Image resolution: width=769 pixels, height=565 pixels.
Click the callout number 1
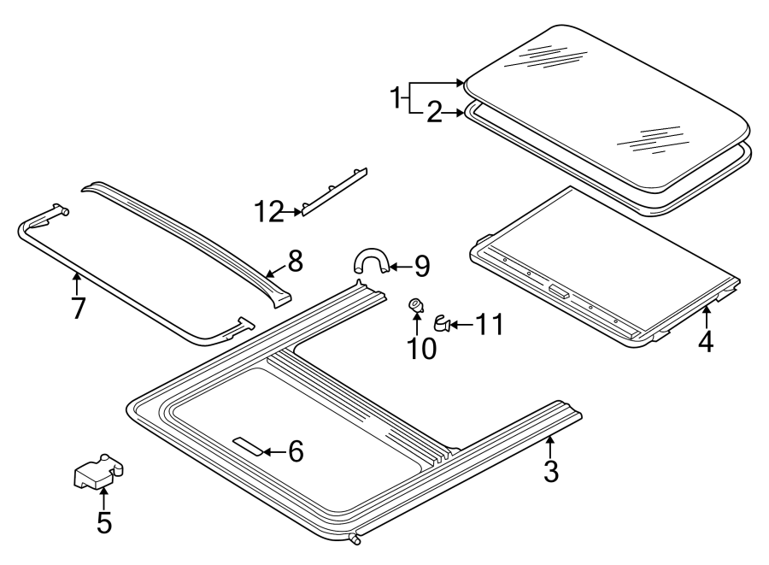[396, 97]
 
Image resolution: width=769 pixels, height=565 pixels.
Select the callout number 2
[434, 112]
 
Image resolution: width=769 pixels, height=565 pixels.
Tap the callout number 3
[551, 469]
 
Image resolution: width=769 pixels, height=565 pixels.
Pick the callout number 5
[103, 521]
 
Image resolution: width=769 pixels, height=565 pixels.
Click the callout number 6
[295, 451]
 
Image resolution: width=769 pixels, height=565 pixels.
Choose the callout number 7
[78, 307]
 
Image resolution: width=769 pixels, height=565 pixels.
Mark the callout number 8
[295, 262]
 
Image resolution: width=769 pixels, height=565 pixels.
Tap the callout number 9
[421, 267]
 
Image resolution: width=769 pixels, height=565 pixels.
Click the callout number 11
[490, 324]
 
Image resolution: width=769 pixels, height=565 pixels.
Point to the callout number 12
[269, 212]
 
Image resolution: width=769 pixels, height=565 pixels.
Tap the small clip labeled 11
[443, 323]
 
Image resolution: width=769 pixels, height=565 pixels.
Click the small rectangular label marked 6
[248, 445]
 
